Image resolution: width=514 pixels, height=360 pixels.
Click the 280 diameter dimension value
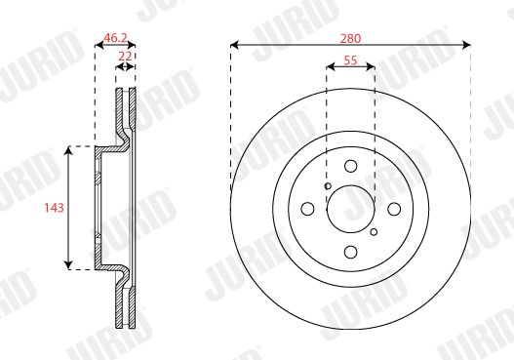click(x=350, y=39)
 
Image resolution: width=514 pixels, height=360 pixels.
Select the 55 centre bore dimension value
click(x=350, y=60)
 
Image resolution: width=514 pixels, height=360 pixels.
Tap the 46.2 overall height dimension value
click(x=115, y=38)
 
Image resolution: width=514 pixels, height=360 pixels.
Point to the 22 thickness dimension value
click(x=125, y=56)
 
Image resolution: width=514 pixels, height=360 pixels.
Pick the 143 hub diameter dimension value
click(x=54, y=208)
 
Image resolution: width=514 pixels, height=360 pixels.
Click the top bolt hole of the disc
click(x=351, y=166)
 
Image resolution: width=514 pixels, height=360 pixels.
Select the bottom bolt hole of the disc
click(x=351, y=252)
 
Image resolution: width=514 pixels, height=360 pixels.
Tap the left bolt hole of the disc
click(x=307, y=209)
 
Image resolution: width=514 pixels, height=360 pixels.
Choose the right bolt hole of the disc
click(x=394, y=209)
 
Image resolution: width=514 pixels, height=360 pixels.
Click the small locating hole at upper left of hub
click(x=328, y=186)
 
